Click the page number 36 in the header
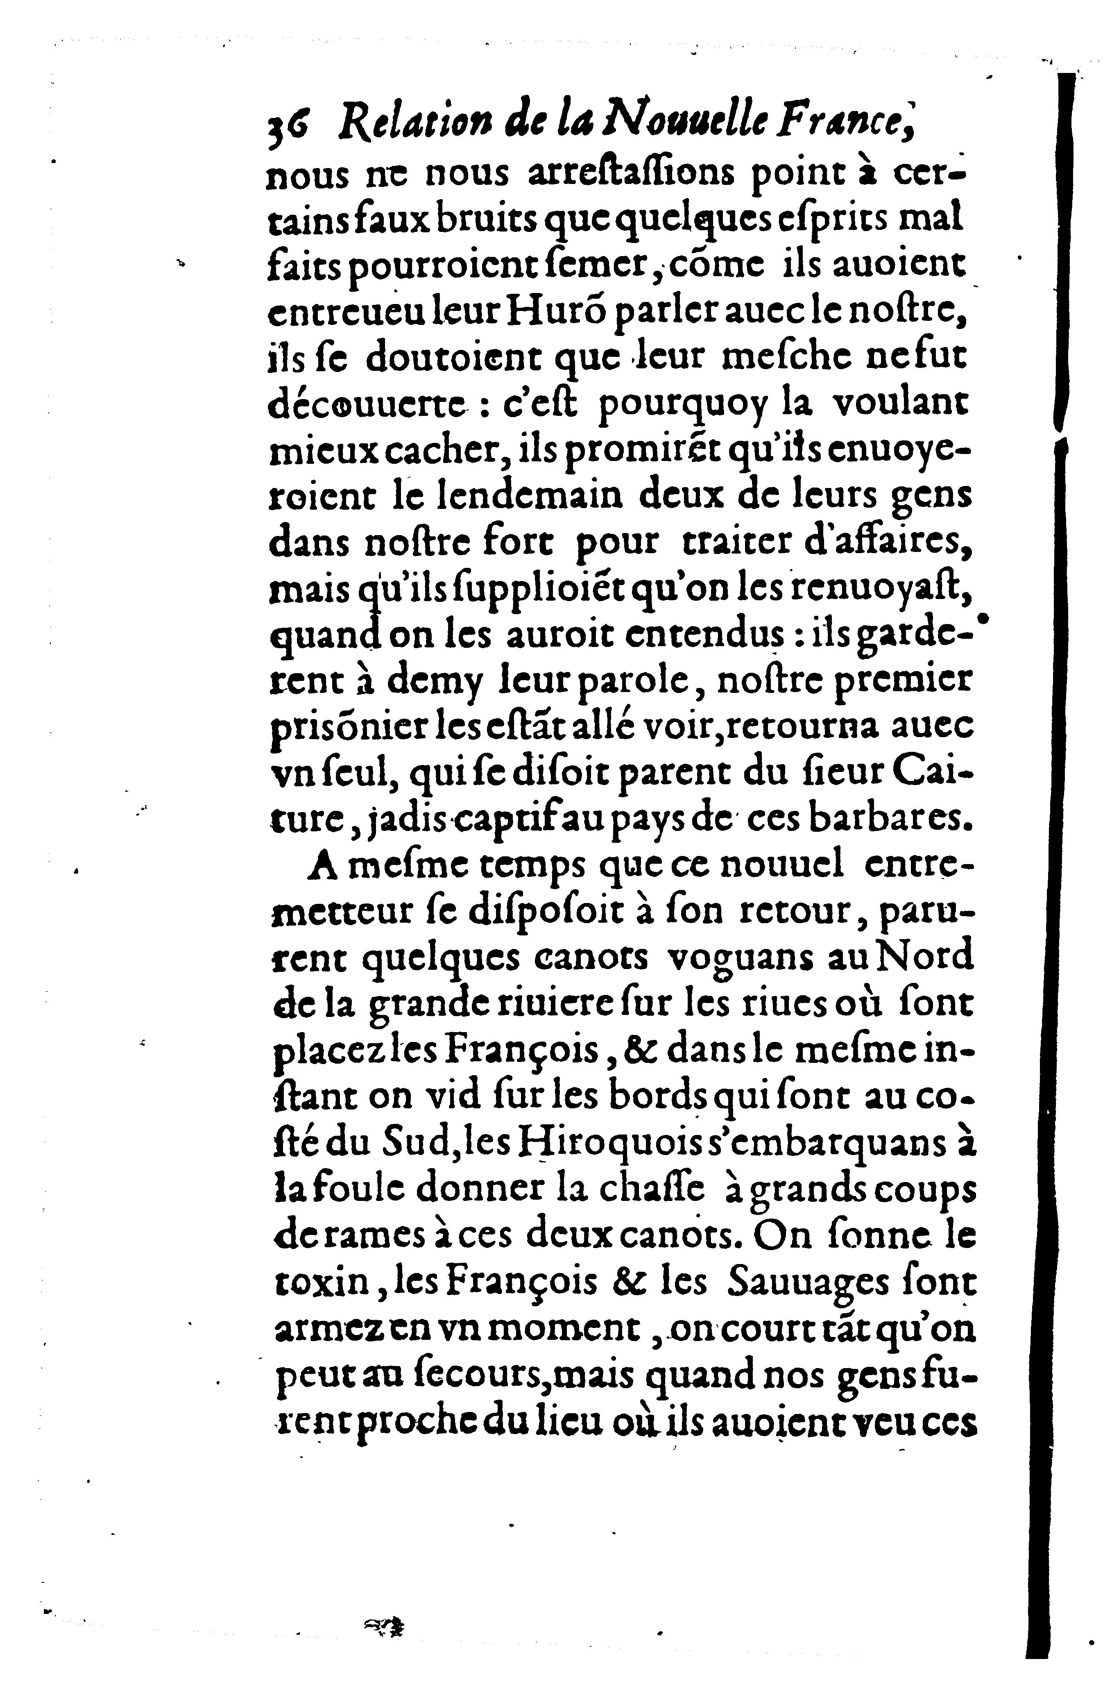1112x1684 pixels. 287,128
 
